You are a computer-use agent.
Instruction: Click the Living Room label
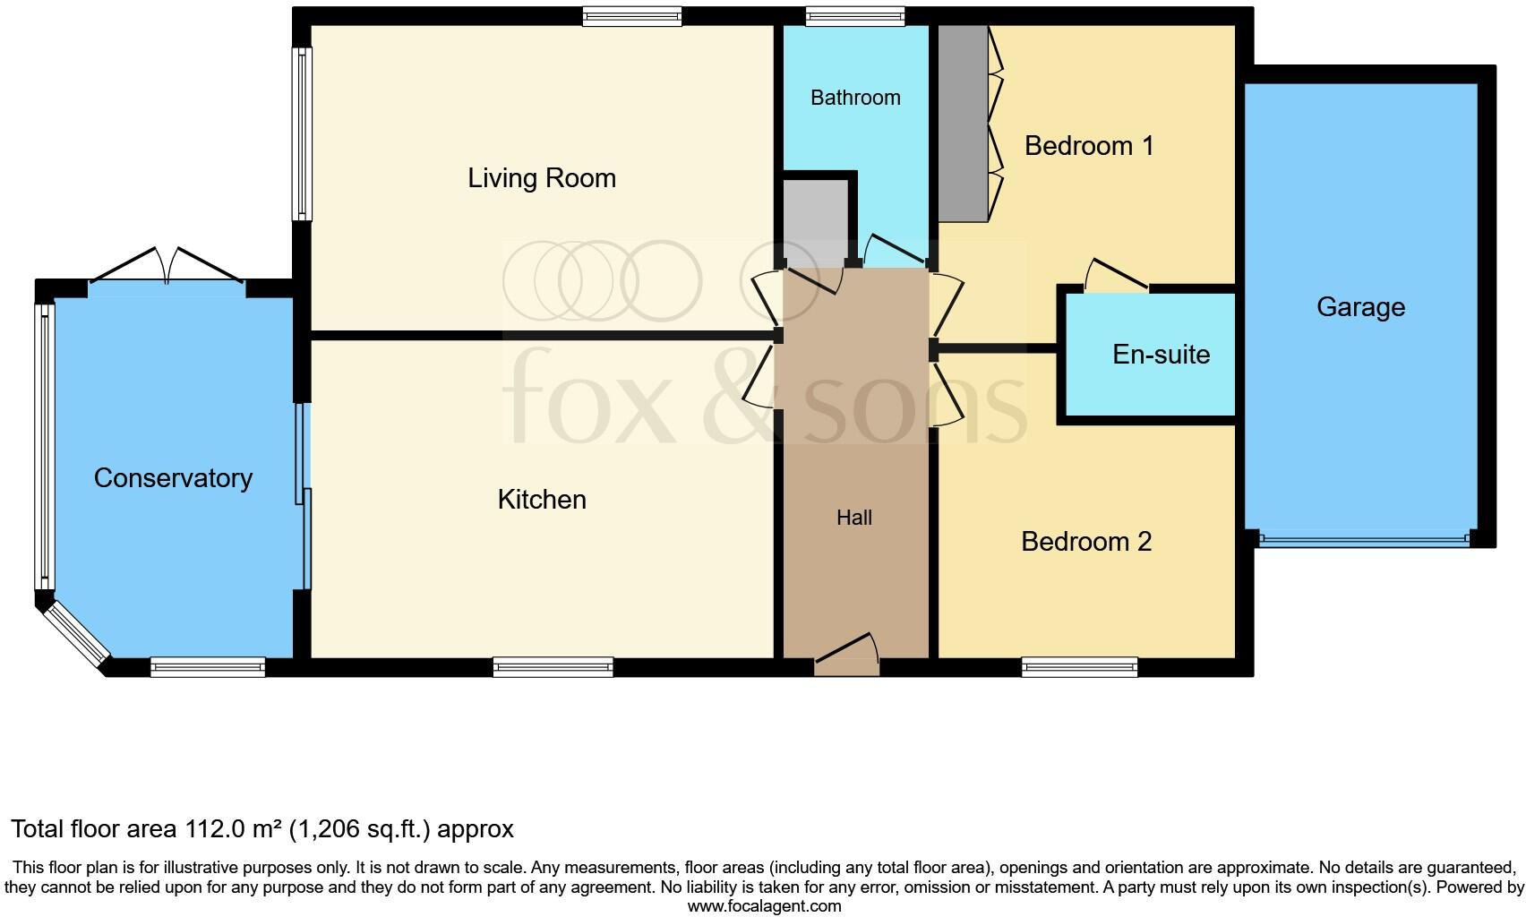coord(542,178)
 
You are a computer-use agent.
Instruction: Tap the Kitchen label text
coord(542,499)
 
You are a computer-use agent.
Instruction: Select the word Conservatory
coord(173,478)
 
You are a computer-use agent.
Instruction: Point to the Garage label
coord(1360,307)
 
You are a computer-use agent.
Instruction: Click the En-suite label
coord(1161,355)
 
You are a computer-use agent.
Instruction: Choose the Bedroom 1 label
coord(1088,146)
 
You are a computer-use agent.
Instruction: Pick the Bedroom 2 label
coord(1085,542)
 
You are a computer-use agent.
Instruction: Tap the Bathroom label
coord(855,98)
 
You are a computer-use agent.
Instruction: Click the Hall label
coord(853,518)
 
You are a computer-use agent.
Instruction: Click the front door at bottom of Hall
coord(846,659)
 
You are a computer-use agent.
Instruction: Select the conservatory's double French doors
coord(167,270)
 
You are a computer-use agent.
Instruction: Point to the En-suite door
coord(1114,278)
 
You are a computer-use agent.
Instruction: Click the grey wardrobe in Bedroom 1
coord(963,123)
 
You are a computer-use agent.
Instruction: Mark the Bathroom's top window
coord(854,15)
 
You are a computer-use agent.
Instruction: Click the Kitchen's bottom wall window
coord(553,666)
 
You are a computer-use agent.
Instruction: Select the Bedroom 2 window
coord(1079,666)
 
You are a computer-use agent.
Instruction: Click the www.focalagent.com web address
coord(764,905)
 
